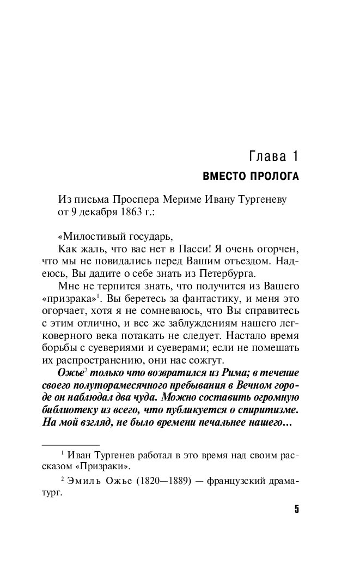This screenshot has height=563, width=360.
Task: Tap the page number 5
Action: pyautogui.click(x=297, y=510)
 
